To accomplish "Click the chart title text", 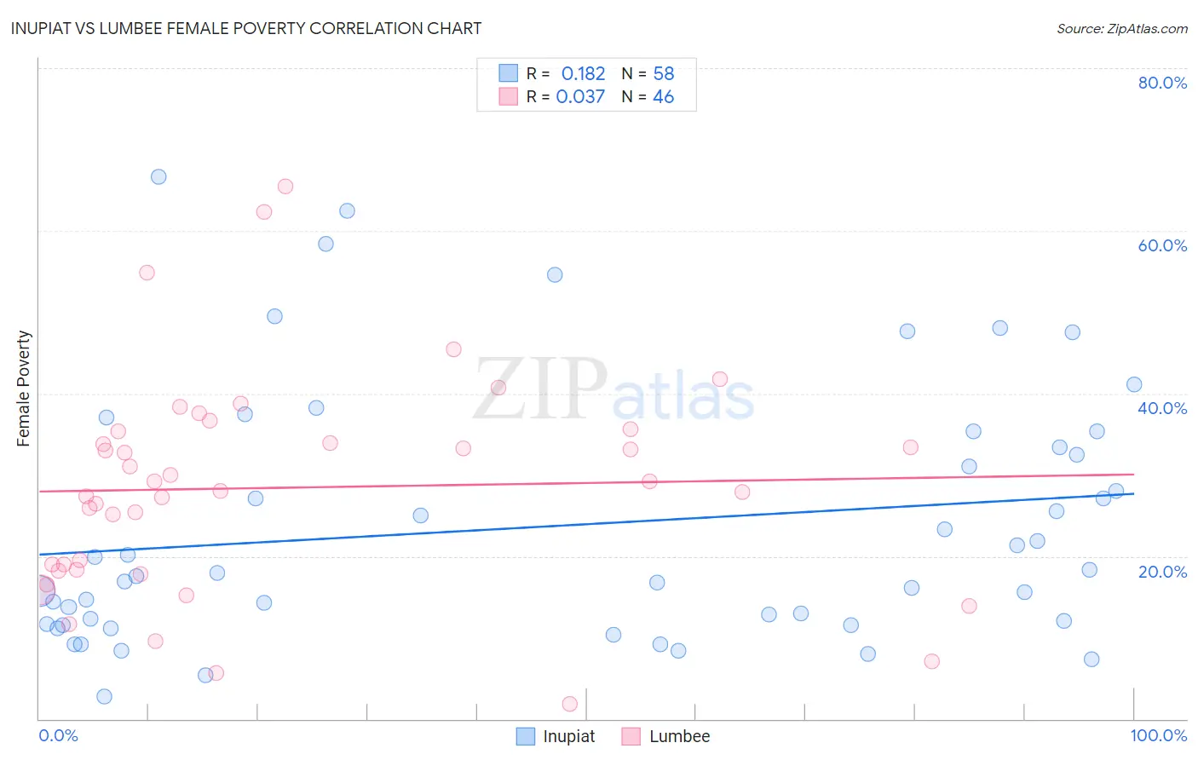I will pyautogui.click(x=246, y=28).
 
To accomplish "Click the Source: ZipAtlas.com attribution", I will pyautogui.click(x=1121, y=29).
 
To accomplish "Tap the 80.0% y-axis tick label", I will pyautogui.click(x=1162, y=83).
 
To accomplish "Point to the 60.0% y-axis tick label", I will pyautogui.click(x=1162, y=245).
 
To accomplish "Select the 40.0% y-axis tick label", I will pyautogui.click(x=1162, y=408).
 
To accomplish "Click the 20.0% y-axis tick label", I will pyautogui.click(x=1162, y=572).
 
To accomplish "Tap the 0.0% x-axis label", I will pyautogui.click(x=58, y=735).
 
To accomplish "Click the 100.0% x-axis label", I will pyautogui.click(x=1158, y=735).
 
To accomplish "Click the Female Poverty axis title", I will pyautogui.click(x=24, y=389).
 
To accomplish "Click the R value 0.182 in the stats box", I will pyautogui.click(x=583, y=74).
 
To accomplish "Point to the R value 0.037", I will pyautogui.click(x=580, y=97).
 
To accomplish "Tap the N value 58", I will pyautogui.click(x=663, y=74).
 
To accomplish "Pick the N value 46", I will pyautogui.click(x=663, y=97).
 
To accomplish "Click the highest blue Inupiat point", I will pyautogui.click(x=158, y=177).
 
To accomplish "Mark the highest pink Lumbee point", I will pyautogui.click(x=285, y=187).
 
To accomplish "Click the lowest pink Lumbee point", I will pyautogui.click(x=570, y=704).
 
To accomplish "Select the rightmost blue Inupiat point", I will pyautogui.click(x=1134, y=384).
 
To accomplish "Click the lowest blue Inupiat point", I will pyautogui.click(x=104, y=696).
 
